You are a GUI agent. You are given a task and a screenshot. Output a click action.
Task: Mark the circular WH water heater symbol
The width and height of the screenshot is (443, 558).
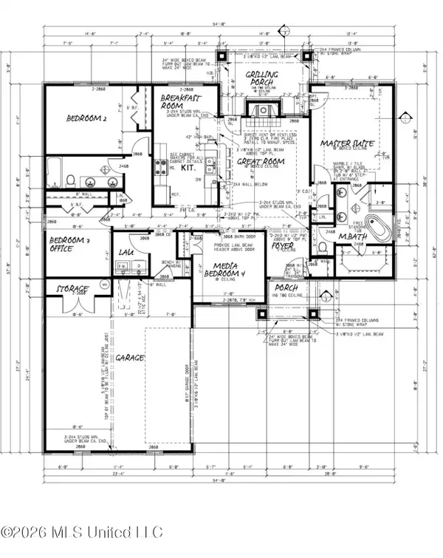click(104, 283)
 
